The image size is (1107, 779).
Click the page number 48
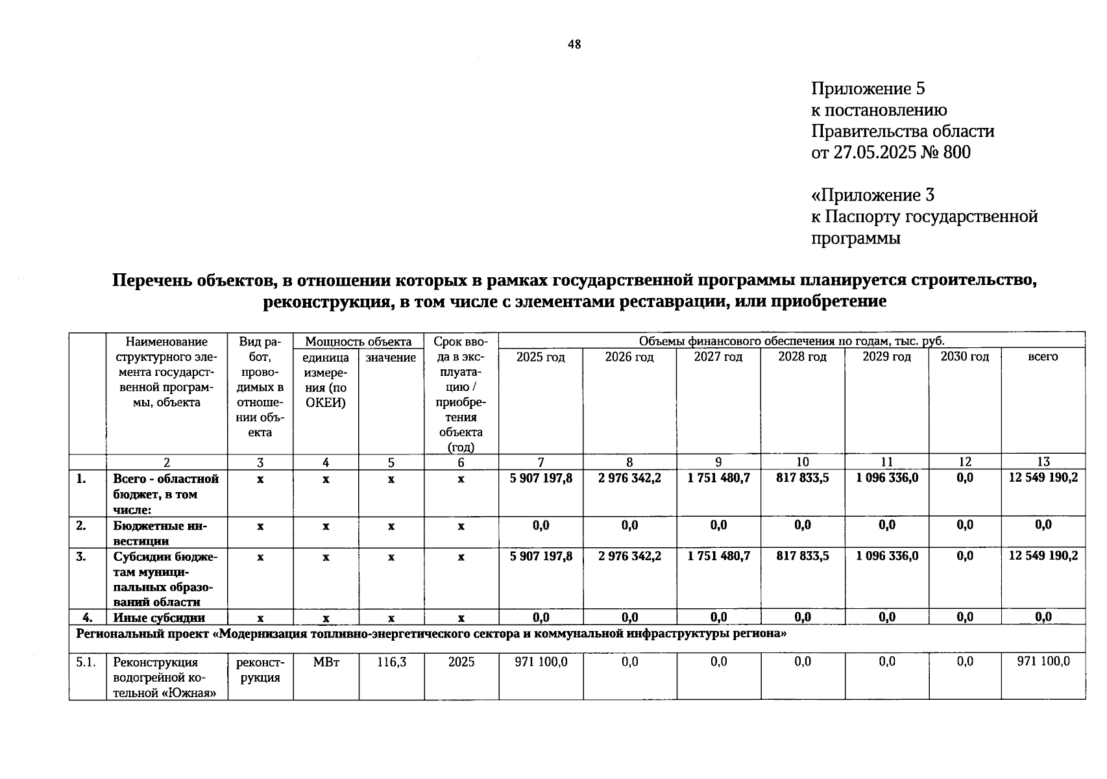574,44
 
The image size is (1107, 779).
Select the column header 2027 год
718,357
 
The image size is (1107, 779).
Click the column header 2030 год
964,357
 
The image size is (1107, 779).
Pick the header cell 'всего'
1043,357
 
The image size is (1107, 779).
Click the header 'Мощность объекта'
358,341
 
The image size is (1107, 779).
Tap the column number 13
1043,462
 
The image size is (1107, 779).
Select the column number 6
461,462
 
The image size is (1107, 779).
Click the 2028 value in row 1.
802,478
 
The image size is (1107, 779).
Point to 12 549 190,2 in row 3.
1043,556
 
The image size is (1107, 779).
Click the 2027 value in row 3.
718,556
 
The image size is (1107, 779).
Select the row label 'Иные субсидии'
159,618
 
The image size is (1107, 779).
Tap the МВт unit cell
326,662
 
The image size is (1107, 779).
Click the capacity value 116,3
391,662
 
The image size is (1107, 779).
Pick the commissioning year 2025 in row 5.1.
461,662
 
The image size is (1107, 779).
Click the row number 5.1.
86,662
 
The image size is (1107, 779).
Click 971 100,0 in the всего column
1043,662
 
